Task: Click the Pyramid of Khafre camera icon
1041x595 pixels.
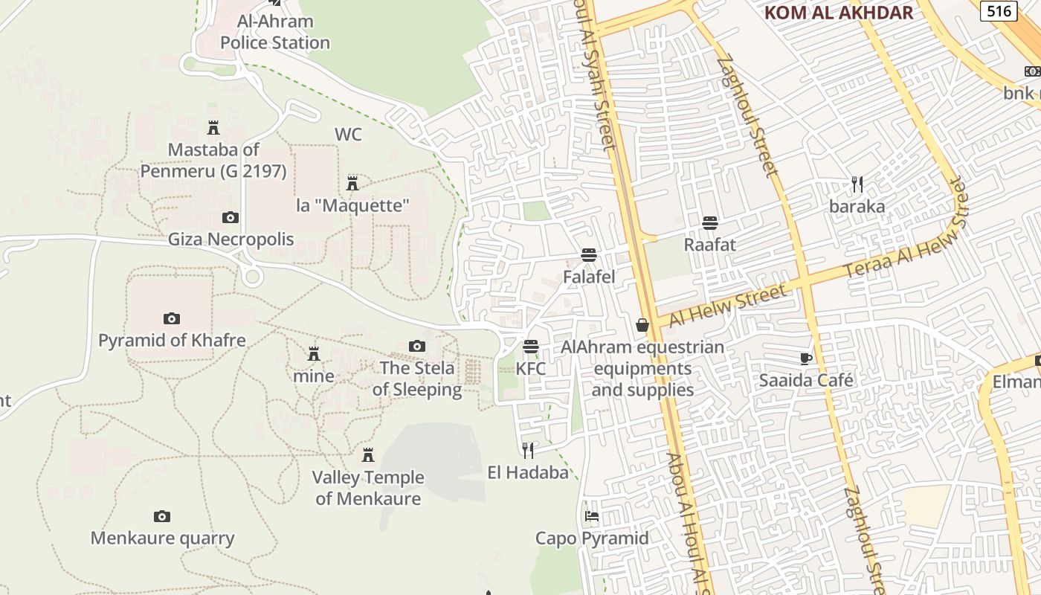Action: (172, 318)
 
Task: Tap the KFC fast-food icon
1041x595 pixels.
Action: (530, 347)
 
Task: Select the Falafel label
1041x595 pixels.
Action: (589, 277)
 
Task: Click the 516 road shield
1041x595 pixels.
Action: (999, 10)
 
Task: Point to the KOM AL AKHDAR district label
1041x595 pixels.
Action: (838, 13)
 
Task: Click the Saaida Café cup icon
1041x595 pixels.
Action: (806, 358)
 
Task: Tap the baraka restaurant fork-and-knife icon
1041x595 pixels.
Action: (857, 184)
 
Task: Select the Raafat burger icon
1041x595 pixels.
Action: (710, 222)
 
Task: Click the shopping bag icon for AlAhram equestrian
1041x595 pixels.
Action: (642, 325)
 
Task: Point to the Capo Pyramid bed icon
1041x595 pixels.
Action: (592, 515)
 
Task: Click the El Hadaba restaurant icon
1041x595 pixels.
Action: (528, 450)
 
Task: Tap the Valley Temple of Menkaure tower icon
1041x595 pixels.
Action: (367, 454)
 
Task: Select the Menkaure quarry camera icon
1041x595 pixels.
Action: (161, 516)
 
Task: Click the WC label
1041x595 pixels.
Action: (348, 135)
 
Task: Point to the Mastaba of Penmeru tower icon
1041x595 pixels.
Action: (213, 127)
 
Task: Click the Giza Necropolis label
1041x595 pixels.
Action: (231, 239)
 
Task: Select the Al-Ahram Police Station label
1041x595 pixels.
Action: (275, 32)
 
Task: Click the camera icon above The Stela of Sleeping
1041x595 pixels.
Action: (417, 346)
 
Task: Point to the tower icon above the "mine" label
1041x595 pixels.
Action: (314, 353)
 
